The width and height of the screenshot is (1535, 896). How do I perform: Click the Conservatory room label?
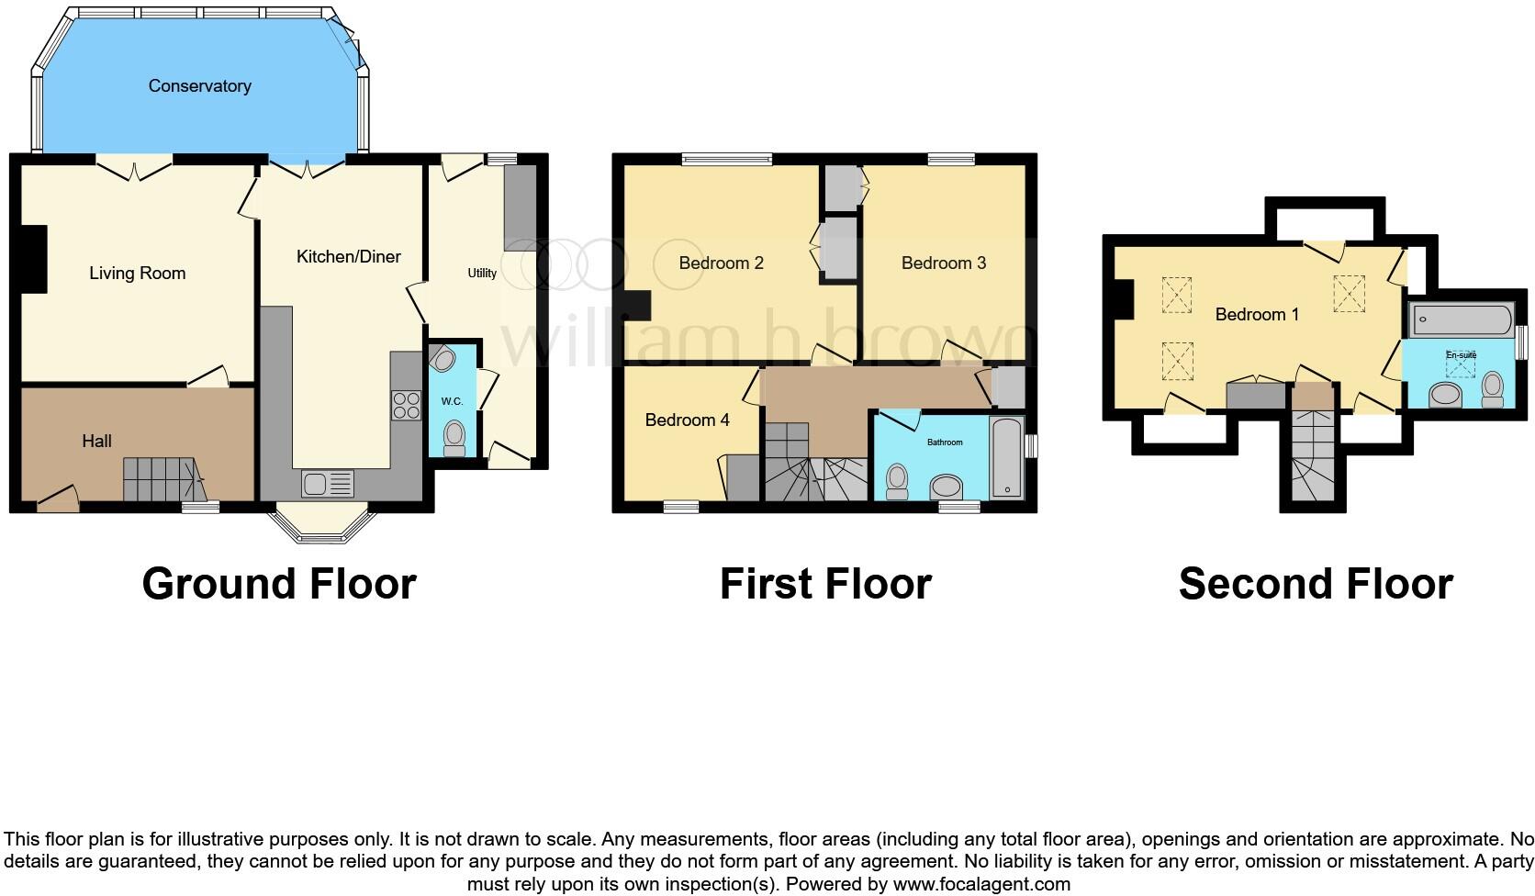[199, 86]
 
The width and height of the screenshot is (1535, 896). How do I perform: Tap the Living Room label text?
[137, 274]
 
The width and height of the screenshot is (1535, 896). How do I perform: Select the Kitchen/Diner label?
[348, 257]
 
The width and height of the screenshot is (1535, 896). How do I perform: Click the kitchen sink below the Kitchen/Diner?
[327, 483]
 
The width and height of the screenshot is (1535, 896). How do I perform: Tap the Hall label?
[96, 442]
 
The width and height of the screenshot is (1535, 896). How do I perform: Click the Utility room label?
[482, 274]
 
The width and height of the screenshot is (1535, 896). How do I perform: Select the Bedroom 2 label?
[721, 263]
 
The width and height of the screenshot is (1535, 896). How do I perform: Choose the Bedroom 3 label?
[943, 263]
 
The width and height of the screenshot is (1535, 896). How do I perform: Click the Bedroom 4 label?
[687, 420]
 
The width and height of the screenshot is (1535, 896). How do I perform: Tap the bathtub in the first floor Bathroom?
[1007, 457]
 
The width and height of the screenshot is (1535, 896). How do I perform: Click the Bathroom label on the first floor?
[945, 442]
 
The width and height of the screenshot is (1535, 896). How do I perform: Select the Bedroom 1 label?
[1257, 315]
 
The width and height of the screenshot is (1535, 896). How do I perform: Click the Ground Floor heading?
[279, 584]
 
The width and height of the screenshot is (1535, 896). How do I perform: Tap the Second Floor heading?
[1315, 584]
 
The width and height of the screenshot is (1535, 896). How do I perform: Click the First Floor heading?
[824, 584]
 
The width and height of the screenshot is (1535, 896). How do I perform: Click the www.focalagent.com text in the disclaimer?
[981, 884]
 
